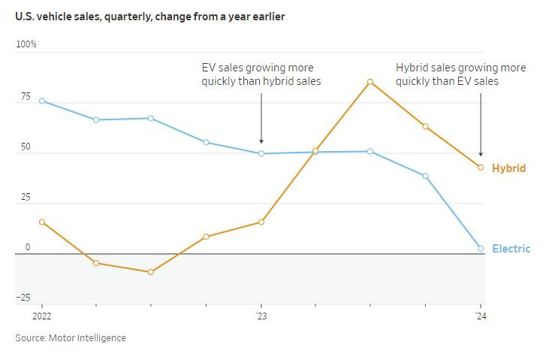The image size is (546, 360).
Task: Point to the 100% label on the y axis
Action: (26, 44)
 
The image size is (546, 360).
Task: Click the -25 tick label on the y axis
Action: (23, 298)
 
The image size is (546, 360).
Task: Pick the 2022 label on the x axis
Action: (41, 317)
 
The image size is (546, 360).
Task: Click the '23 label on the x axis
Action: (261, 317)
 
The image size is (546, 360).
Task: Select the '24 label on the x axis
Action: (481, 317)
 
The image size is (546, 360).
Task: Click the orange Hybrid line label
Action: (508, 168)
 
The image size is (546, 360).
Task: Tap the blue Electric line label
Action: (511, 249)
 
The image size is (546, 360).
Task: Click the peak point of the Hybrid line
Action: (370, 82)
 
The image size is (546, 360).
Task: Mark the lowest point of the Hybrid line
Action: (151, 272)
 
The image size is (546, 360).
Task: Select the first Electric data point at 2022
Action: (41, 101)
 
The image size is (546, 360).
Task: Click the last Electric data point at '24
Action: (481, 248)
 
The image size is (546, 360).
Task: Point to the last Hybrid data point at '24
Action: (481, 168)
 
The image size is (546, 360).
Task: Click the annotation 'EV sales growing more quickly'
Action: (261, 74)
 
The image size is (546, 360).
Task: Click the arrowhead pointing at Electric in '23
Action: (261, 141)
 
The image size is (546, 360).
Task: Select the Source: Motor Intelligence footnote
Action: (71, 338)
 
